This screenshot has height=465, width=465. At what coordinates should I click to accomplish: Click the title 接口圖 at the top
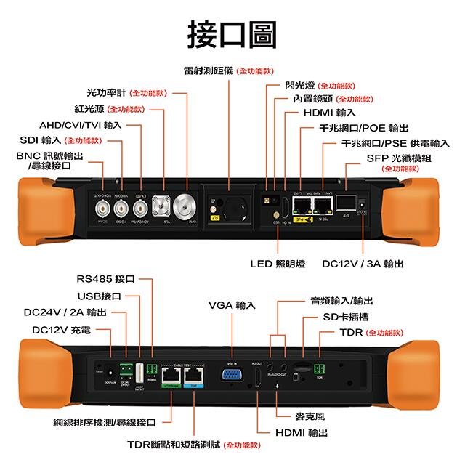pyautogui.click(x=232, y=33)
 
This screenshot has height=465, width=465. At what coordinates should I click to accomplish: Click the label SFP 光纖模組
pyautogui.click(x=399, y=157)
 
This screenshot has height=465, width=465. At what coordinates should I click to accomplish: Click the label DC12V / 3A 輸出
pyautogui.click(x=363, y=264)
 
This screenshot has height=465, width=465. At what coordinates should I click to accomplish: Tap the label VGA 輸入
pyautogui.click(x=231, y=305)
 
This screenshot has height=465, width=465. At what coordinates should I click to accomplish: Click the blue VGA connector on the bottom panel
pyautogui.click(x=232, y=375)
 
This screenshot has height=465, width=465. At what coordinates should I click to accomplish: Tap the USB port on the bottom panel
pyautogui.click(x=138, y=368)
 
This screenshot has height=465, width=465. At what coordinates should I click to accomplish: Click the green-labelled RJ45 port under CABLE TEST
pyautogui.click(x=171, y=375)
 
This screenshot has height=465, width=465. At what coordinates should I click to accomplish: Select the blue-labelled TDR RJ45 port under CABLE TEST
pyautogui.click(x=194, y=375)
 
